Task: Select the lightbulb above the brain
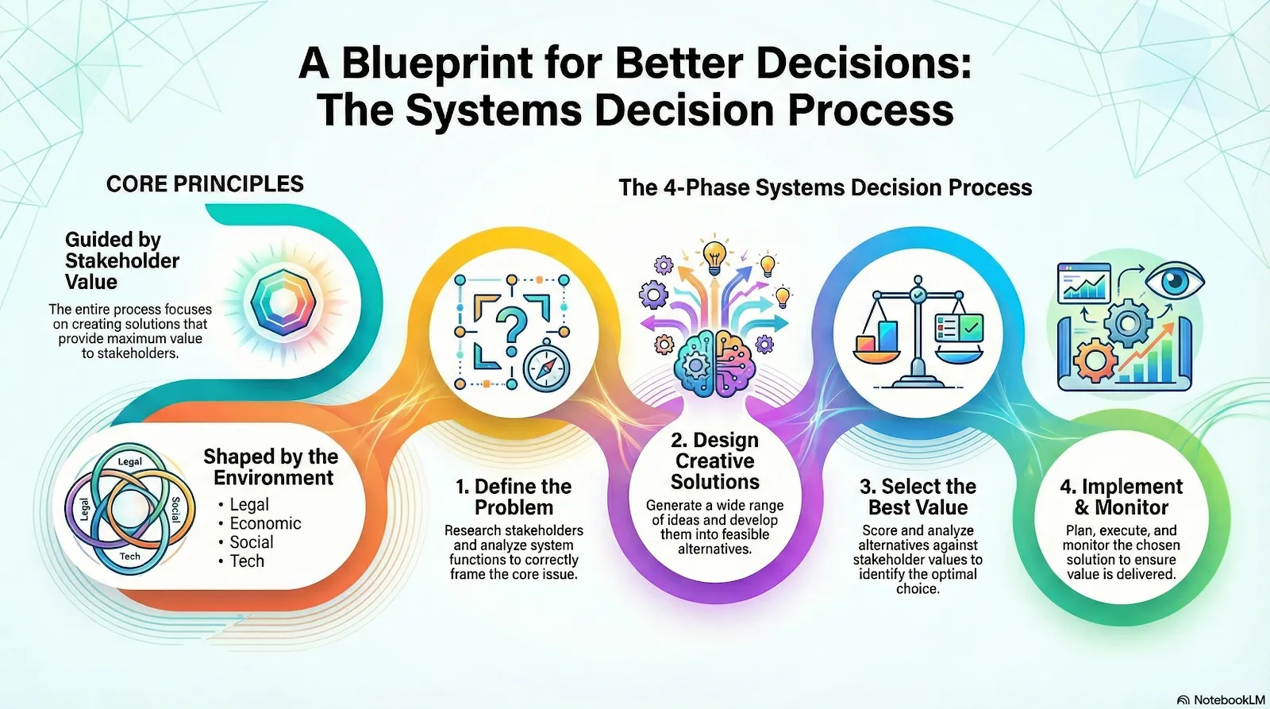(x=715, y=256)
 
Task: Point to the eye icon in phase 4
(x=1175, y=281)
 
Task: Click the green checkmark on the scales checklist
(x=971, y=326)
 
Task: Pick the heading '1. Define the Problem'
(x=514, y=497)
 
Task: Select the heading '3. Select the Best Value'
(x=918, y=497)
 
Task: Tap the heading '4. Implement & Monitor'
(x=1121, y=497)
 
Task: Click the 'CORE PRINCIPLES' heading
(x=205, y=184)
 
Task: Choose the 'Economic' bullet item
(x=265, y=524)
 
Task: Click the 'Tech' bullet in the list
(x=247, y=561)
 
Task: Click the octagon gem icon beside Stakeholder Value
(x=283, y=302)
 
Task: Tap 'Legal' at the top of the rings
(x=130, y=461)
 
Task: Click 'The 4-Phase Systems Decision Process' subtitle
(x=825, y=188)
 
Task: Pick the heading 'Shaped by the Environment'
(x=271, y=467)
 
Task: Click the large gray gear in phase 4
(x=1127, y=323)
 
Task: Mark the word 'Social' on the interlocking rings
(x=175, y=509)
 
